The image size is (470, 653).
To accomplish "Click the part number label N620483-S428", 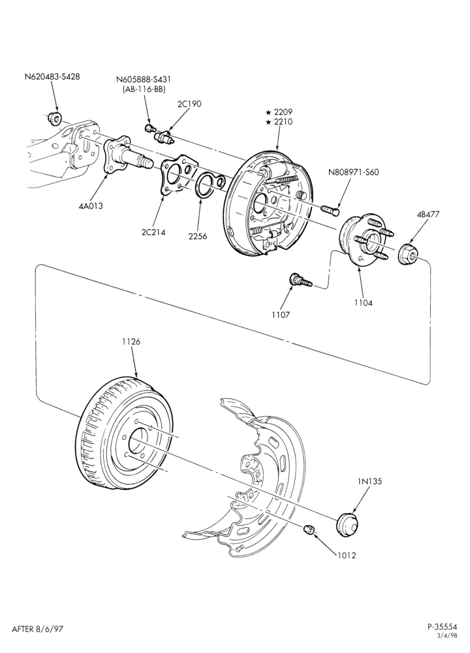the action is pyautogui.click(x=52, y=76).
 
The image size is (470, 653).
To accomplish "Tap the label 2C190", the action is pyautogui.click(x=189, y=104).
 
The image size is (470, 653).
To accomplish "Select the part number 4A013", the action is pyautogui.click(x=90, y=206).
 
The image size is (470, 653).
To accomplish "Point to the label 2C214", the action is pyautogui.click(x=153, y=232).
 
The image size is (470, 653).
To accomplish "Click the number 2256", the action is pyautogui.click(x=197, y=236).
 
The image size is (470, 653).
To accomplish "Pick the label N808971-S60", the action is pyautogui.click(x=353, y=172).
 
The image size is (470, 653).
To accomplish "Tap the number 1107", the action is pyautogui.click(x=280, y=315).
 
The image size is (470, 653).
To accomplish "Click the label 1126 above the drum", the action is pyautogui.click(x=131, y=342).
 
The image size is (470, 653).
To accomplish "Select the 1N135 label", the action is pyautogui.click(x=369, y=481).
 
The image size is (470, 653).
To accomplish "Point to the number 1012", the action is pyautogui.click(x=347, y=555).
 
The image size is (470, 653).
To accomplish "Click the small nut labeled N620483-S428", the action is pyautogui.click(x=54, y=118).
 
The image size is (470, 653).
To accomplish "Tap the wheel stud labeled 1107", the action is pyautogui.click(x=300, y=281).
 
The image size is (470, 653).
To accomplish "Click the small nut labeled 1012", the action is pyautogui.click(x=309, y=529).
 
